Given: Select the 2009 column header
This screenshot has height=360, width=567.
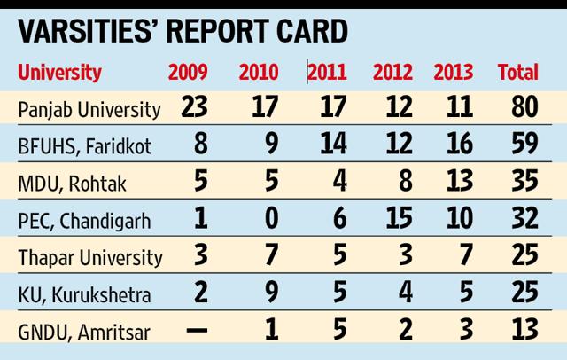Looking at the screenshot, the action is point(188,72).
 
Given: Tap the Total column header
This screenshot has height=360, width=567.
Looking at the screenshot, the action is point(518,72).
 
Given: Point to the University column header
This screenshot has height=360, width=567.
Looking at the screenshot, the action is point(59,73).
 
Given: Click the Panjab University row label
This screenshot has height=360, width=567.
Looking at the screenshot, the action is point(89,110).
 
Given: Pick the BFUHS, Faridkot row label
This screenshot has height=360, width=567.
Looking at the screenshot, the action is point(85,146).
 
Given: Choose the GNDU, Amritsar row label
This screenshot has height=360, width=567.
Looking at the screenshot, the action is point(84,333).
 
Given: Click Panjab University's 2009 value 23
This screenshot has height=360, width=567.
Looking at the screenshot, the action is point(194,106).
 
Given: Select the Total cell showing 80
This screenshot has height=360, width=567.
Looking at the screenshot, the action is point(524,106).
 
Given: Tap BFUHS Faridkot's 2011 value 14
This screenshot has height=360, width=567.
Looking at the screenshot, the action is point(333,144).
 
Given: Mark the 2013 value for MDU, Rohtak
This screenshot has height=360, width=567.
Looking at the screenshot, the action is point(460,181).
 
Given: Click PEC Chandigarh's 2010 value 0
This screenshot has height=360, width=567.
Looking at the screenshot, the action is point(272,218).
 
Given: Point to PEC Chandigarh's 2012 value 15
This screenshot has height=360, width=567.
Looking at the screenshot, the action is point(400,218).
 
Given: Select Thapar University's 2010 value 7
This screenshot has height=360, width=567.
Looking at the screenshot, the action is point(272,255).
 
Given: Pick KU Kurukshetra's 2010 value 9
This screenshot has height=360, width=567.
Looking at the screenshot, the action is point(272,293).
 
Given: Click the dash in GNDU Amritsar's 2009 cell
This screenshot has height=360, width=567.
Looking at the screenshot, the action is point(197,330).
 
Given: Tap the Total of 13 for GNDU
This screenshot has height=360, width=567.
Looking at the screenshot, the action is point(524,330).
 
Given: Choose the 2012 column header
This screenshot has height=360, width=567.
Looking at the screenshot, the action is point(392,72).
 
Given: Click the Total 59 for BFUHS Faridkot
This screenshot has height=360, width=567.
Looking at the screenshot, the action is point(524,144).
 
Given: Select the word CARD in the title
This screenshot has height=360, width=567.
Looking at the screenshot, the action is point(312,31).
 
